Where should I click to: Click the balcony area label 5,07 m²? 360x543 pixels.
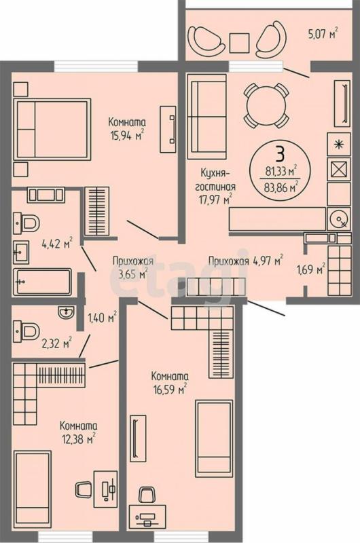323,33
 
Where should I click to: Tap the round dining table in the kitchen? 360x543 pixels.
266,106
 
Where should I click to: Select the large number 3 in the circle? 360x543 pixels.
280,154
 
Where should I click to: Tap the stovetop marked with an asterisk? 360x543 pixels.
339,144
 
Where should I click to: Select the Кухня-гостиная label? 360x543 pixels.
215,179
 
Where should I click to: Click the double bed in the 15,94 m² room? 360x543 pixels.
52,130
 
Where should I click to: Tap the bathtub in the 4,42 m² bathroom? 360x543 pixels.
42,282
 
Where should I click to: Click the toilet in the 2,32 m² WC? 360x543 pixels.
26,331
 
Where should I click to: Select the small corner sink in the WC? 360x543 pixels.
66,312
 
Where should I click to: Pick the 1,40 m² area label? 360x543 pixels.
102,317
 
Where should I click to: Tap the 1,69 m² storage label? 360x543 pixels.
311,269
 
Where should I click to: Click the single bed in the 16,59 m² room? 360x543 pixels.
214,438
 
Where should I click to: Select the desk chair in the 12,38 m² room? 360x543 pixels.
83,489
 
